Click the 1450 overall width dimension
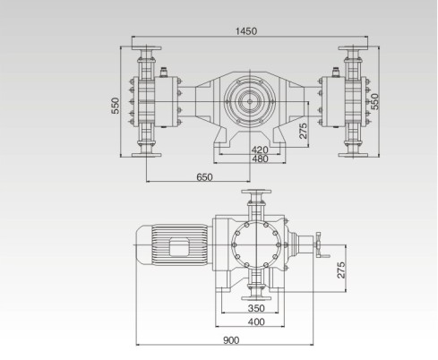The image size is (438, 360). (x=245, y=31)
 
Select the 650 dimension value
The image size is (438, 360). (x=205, y=178)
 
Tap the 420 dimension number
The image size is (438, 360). (x=260, y=150)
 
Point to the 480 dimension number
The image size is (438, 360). (x=260, y=159)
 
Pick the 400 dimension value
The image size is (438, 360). (x=256, y=321)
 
